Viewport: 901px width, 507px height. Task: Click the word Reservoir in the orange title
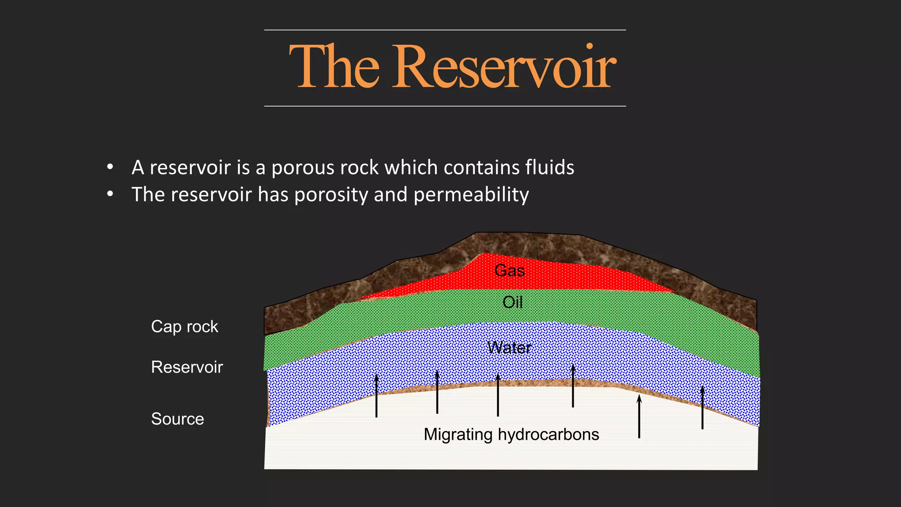(504, 67)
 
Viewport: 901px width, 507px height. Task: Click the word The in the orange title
(334, 67)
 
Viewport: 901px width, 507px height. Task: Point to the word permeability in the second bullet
(471, 195)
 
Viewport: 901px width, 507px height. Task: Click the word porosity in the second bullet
(331, 195)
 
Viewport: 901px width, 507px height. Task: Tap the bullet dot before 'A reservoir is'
(110, 167)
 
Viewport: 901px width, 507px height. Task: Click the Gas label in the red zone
(509, 270)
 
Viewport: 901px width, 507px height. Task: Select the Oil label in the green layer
(513, 302)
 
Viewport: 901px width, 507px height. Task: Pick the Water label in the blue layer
(509, 348)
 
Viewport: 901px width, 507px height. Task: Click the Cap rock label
(184, 327)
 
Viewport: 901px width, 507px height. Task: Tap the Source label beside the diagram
(177, 419)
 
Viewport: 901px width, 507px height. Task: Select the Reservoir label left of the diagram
(187, 367)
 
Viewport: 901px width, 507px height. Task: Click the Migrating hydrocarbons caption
(511, 434)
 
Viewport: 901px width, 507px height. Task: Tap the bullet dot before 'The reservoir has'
(110, 194)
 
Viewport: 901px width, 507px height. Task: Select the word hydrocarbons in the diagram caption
(548, 434)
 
